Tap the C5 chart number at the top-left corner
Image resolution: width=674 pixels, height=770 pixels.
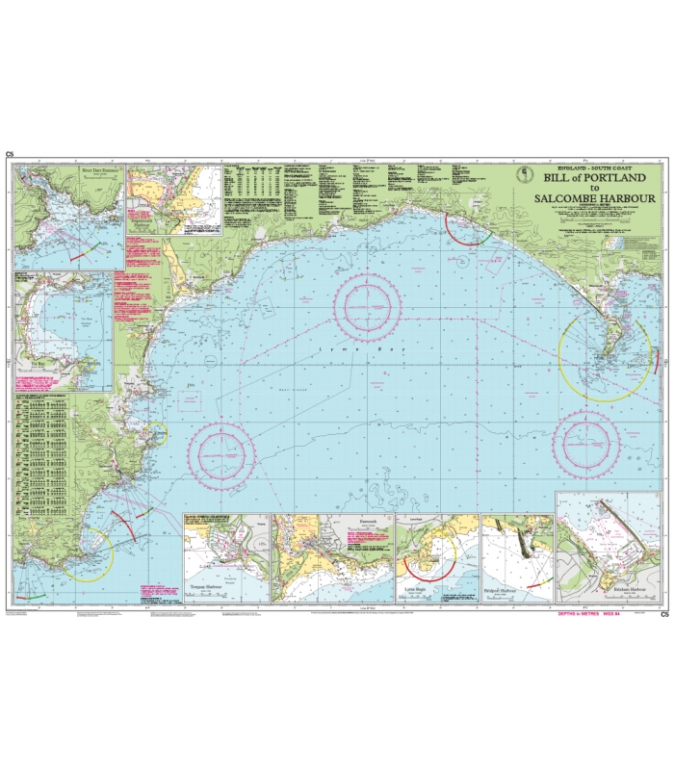[10, 154]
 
